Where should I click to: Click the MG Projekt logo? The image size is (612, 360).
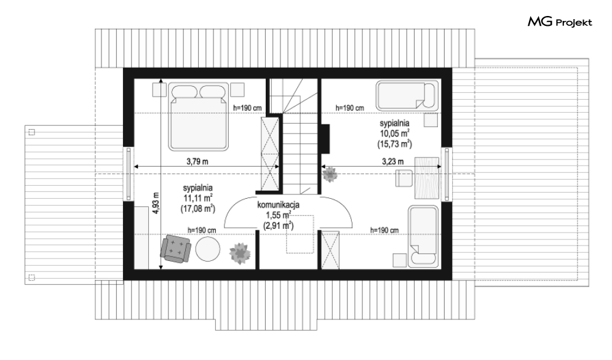point(560,22)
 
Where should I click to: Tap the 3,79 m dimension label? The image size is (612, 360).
point(197,161)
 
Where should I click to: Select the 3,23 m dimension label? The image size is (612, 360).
point(392,161)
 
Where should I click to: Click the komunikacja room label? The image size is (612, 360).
point(278,204)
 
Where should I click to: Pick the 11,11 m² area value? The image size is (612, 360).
point(197,198)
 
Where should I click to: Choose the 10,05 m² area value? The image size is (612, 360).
point(395,133)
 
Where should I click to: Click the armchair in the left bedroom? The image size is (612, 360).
point(176,249)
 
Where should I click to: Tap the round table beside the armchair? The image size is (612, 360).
point(208,249)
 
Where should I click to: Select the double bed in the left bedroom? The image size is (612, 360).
point(198,116)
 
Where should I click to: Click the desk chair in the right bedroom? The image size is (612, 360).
point(404,178)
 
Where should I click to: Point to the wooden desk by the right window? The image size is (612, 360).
point(427,178)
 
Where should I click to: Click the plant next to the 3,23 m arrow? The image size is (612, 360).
point(330,174)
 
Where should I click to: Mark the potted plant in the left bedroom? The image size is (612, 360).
point(240,253)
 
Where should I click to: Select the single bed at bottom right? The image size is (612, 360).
point(423,237)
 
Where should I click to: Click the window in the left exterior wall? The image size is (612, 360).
point(129,174)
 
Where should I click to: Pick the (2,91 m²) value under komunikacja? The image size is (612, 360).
point(278,225)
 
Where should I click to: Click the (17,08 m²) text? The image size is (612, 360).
point(197,208)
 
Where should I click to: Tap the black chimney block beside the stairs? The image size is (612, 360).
point(325,138)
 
